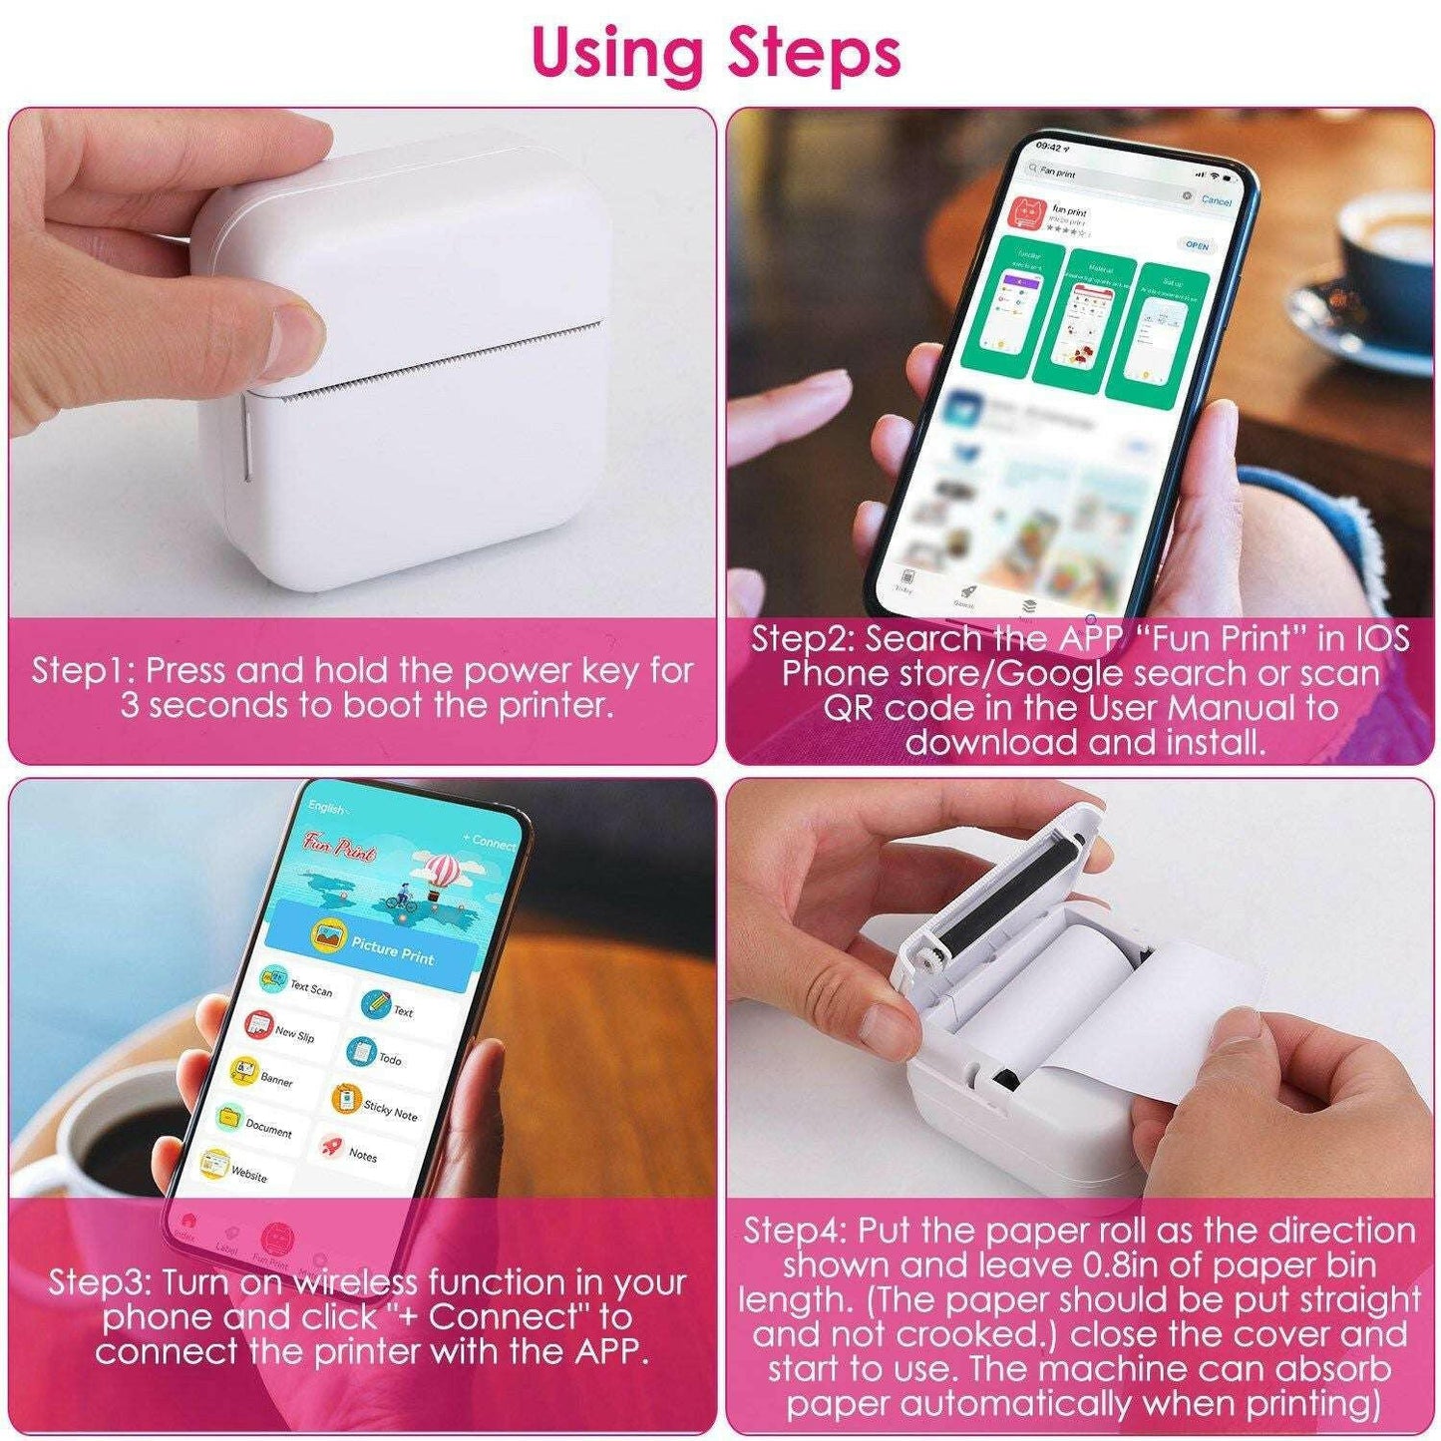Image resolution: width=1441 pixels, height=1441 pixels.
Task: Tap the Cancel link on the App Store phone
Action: click(1216, 200)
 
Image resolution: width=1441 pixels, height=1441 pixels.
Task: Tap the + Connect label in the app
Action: click(489, 842)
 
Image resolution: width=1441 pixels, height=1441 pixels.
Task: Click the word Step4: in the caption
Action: click(795, 1231)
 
